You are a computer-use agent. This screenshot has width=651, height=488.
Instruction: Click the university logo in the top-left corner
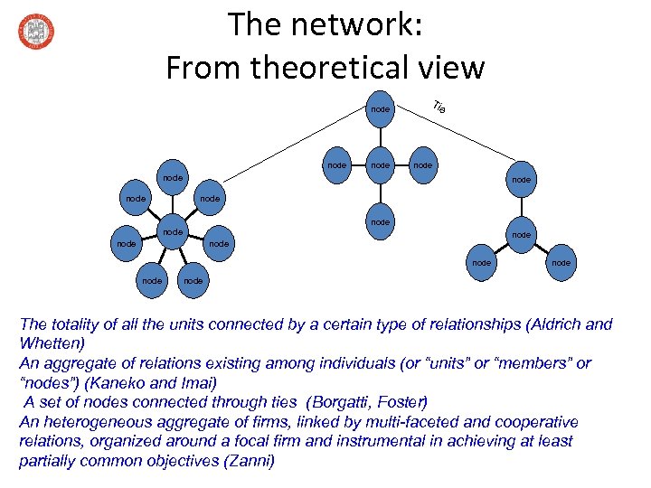pos(35,32)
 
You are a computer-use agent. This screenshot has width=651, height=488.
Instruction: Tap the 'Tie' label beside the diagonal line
pos(439,107)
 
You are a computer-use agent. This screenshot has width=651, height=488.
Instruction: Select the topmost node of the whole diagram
pos(381,109)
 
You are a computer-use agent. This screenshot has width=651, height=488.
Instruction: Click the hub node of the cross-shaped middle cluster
pos(381,165)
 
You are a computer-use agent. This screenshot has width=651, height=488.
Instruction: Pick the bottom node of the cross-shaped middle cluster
pos(381,221)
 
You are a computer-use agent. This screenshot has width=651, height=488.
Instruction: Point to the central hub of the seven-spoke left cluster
pos(172,232)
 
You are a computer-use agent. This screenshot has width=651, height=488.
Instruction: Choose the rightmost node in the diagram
pos(561,263)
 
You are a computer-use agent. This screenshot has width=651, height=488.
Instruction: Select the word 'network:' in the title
pos(361,24)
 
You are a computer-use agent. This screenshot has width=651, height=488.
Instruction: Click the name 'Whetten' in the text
pos(48,343)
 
